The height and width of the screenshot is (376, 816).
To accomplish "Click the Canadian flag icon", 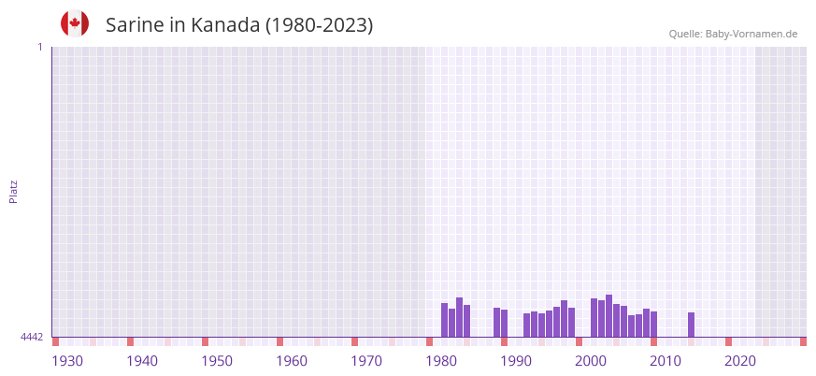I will pos(75,23).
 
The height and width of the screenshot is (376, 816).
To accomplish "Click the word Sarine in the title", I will pos(136,25).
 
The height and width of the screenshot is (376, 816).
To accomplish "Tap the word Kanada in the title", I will pos(225,25).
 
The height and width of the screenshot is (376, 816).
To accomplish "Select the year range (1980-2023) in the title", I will pos(319,25).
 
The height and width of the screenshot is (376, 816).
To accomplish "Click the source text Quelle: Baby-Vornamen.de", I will pos(733,34).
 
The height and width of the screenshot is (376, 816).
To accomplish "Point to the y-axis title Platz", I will pos(13,191).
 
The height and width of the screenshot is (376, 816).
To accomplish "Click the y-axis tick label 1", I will pos(40,47).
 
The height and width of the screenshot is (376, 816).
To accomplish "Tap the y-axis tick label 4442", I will pos(32,337).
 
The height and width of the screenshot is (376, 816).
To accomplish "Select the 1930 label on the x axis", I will pos(67,361).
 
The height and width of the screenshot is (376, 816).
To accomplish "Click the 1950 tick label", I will pos(217,361).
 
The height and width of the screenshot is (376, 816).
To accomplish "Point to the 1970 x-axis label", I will pos(366,361).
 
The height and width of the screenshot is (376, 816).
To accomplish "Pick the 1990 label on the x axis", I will pos(516,361).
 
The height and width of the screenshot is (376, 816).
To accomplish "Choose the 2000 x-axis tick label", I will pos(591,361).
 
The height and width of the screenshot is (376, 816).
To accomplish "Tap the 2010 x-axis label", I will pos(666,361).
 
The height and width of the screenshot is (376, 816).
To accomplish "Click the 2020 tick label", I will pos(740,361).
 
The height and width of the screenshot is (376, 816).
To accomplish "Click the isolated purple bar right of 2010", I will pos(691,325).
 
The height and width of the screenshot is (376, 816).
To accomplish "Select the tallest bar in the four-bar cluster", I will pos(459,317).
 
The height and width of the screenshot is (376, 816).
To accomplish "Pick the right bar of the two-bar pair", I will pos(505,323).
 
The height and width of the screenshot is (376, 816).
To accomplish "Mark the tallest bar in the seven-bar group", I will pos(564,318).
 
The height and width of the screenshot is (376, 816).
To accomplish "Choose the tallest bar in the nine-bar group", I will pos(608,315).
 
